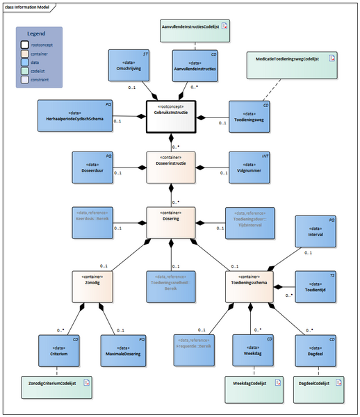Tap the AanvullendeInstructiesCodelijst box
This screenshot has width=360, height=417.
[x=195, y=29]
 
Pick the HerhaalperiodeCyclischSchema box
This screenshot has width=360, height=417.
[x=76, y=117]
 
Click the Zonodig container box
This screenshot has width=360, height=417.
[x=92, y=285]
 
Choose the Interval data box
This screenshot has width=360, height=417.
[x=316, y=236]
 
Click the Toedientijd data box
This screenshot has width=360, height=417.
[x=316, y=285]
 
